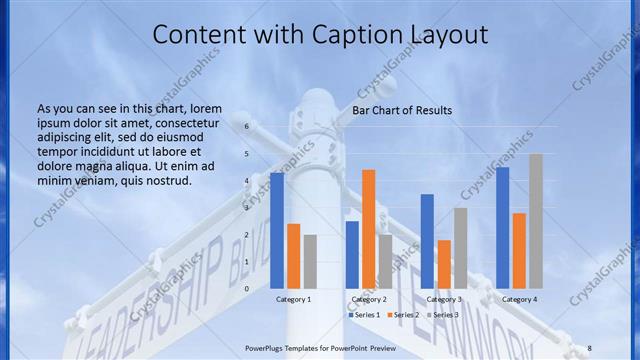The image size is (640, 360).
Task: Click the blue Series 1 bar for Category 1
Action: pyautogui.click(x=277, y=230)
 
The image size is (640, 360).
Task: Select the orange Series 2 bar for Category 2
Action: pyautogui.click(x=369, y=229)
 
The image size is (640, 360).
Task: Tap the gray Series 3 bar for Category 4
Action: pyautogui.click(x=536, y=221)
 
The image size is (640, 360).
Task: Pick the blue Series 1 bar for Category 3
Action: pyautogui.click(x=427, y=241)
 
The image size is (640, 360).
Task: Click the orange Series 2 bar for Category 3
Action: pyautogui.click(x=444, y=264)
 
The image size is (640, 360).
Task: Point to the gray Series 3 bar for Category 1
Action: pyautogui.click(x=310, y=261)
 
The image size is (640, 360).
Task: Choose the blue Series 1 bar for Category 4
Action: pyautogui.click(x=502, y=228)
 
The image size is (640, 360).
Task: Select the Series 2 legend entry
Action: pyautogui.click(x=405, y=315)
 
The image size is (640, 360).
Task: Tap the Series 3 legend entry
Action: pyautogui.click(x=444, y=315)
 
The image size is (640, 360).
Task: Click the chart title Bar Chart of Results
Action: pyautogui.click(x=402, y=110)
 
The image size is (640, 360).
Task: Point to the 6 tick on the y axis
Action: pyautogui.click(x=246, y=127)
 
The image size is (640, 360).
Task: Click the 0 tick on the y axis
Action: pyautogui.click(x=246, y=288)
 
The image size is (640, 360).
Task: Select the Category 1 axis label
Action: pyautogui.click(x=293, y=299)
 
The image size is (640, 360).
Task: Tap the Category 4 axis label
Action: pyautogui.click(x=519, y=299)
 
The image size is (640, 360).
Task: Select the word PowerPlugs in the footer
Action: pyautogui.click(x=268, y=346)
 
